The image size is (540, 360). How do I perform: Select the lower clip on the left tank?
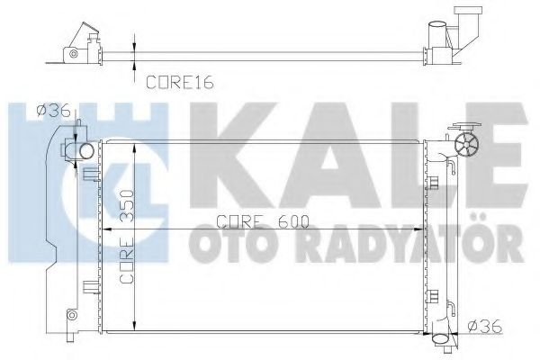coord(89,287)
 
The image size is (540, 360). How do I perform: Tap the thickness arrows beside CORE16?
coord(135,49)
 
